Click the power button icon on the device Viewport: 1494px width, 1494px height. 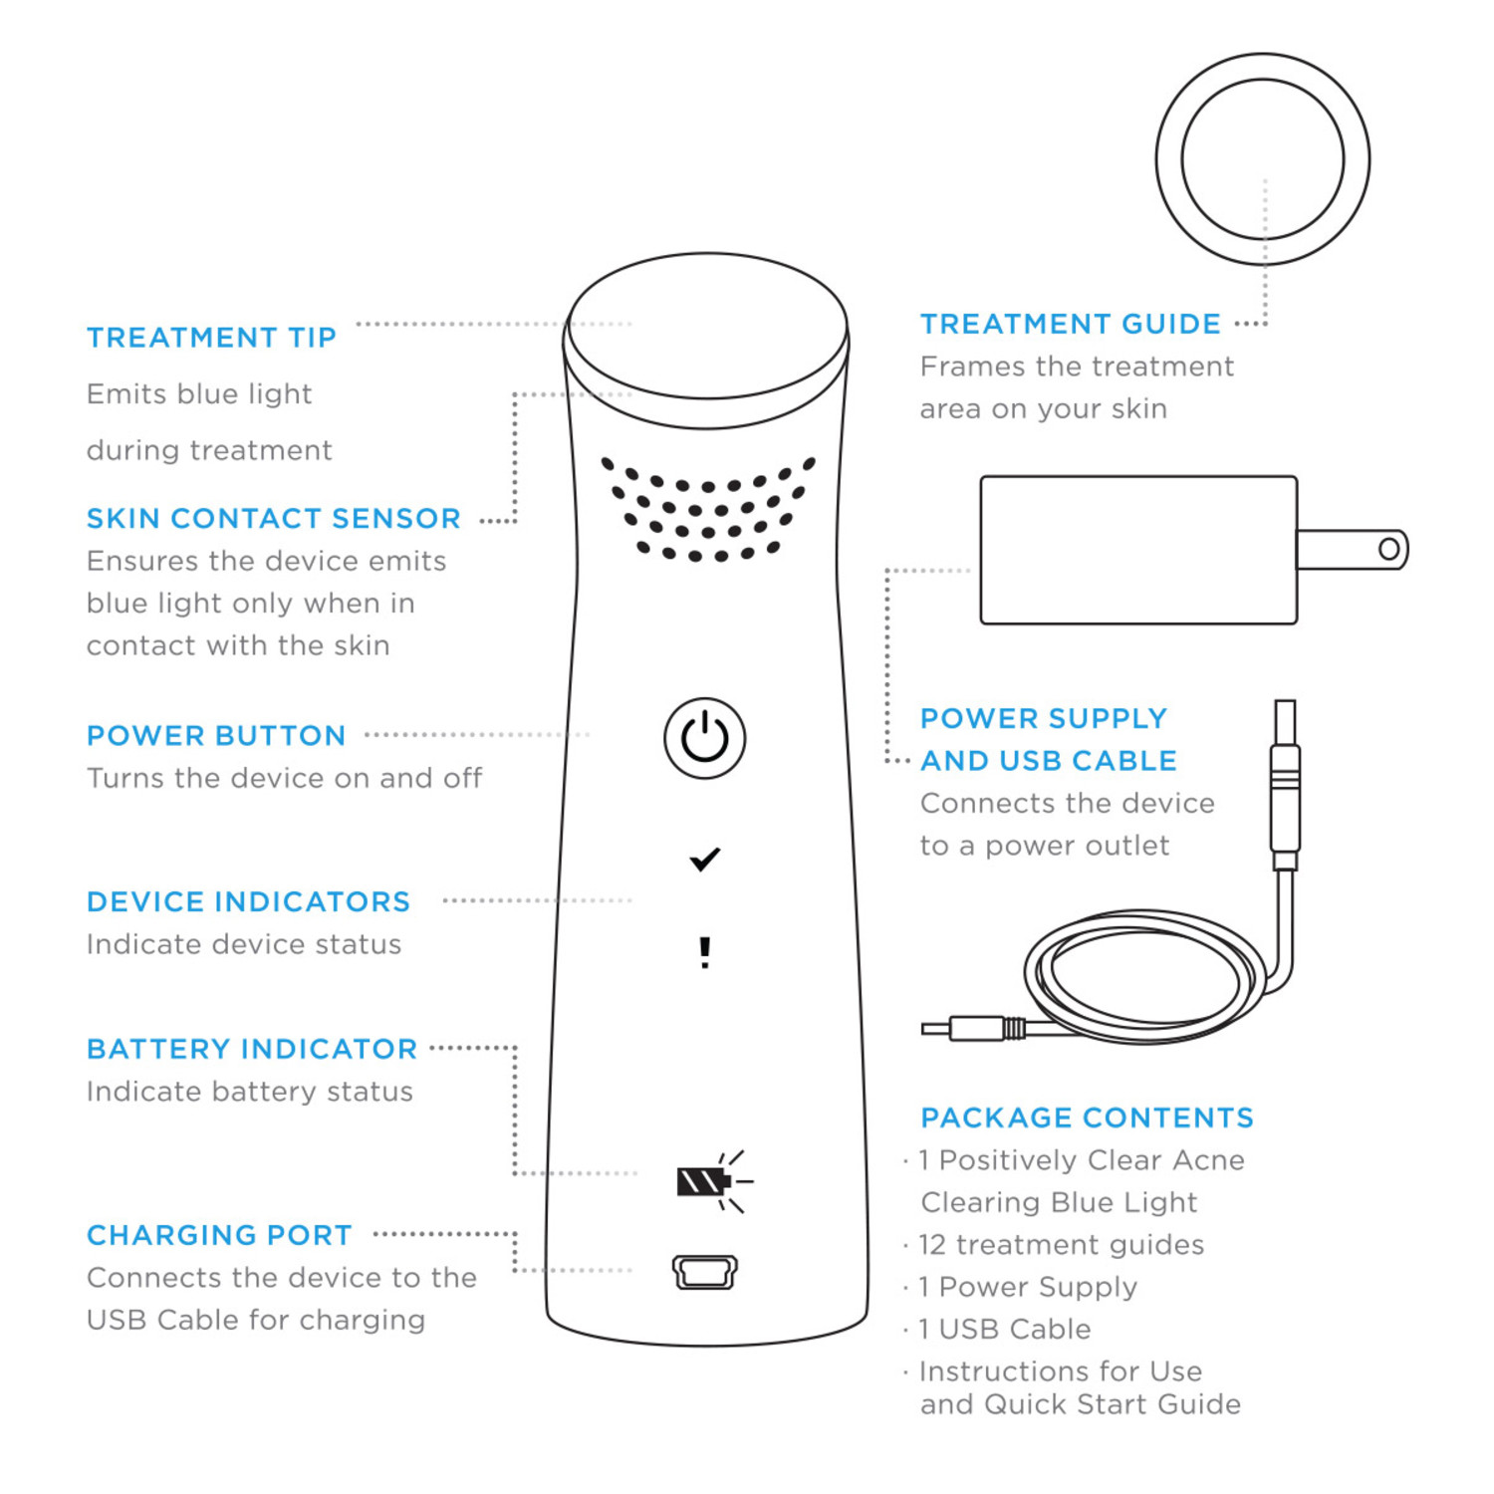click(704, 738)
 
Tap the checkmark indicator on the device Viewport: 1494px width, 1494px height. click(705, 860)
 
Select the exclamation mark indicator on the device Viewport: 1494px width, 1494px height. click(705, 952)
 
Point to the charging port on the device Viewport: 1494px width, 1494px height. click(705, 1272)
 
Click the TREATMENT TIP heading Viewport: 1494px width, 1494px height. click(211, 338)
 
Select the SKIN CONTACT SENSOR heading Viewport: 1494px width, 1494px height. click(274, 519)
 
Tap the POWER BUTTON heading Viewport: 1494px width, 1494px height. click(216, 736)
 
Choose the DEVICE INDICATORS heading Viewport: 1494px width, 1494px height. click(248, 902)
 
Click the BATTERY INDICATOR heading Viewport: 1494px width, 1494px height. click(252, 1050)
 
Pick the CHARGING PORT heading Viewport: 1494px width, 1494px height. click(219, 1236)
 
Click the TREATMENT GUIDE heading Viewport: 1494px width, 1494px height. click(1071, 325)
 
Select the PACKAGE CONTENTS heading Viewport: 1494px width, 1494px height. click(1087, 1119)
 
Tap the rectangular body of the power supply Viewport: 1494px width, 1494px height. click(1138, 551)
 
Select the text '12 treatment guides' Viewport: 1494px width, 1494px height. click(1061, 1245)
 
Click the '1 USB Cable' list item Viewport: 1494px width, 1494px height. click(1004, 1330)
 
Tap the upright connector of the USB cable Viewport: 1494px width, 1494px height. click(1286, 785)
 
